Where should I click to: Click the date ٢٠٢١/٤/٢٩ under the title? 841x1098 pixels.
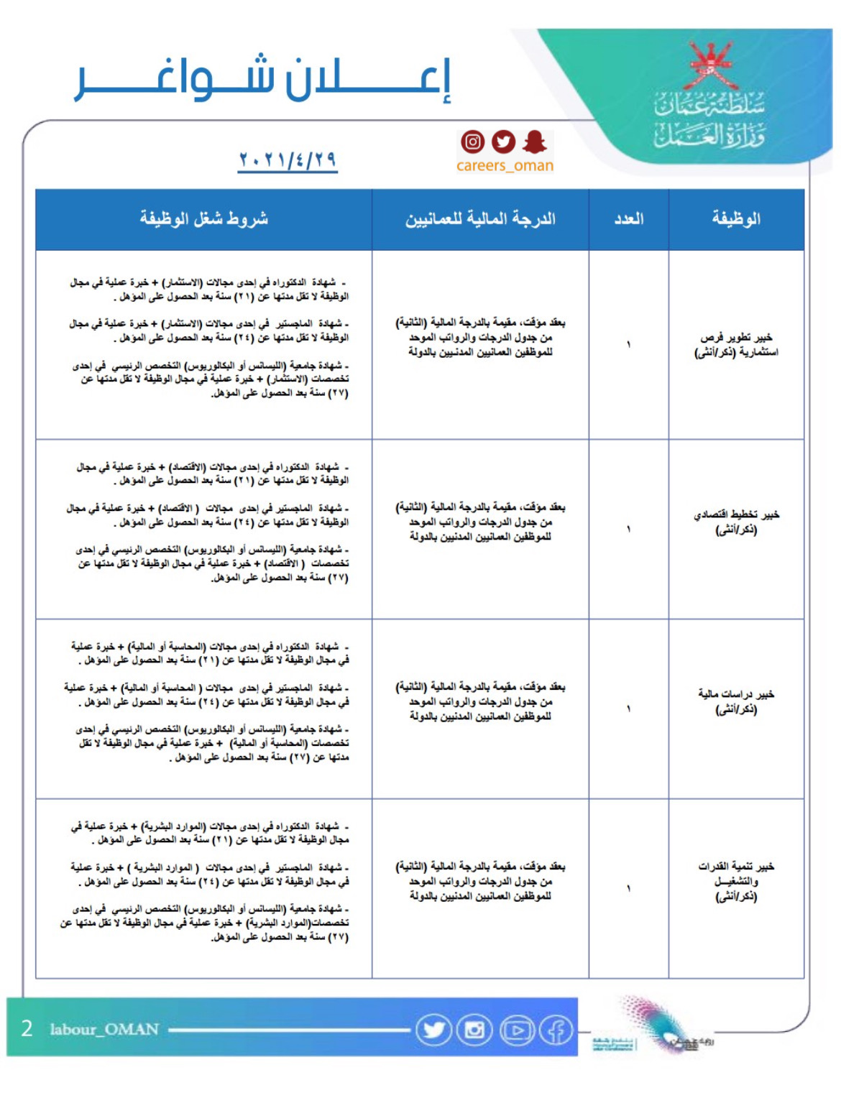[288, 159]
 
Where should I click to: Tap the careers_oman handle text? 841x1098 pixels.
[505, 166]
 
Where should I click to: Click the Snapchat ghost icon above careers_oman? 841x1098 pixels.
[534, 142]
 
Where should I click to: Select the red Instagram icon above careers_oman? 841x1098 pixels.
[472, 142]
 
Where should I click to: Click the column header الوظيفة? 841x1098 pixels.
[735, 218]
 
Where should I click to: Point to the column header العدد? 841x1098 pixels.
[628, 218]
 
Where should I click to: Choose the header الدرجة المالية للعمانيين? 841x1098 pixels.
[480, 218]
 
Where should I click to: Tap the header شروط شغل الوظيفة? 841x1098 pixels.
[203, 218]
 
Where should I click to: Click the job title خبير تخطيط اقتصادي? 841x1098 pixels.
[736, 522]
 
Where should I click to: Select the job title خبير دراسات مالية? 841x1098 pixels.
[736, 701]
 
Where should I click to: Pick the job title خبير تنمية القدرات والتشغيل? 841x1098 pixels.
[736, 881]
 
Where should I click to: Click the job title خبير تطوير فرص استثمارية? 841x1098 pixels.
[736, 344]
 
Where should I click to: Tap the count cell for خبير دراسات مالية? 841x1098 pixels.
[628, 709]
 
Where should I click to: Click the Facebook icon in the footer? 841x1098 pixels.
[556, 1030]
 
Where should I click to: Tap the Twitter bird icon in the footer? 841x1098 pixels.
[433, 1030]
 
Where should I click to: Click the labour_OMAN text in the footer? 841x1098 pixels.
[104, 1030]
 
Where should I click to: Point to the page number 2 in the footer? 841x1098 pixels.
[27, 1029]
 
